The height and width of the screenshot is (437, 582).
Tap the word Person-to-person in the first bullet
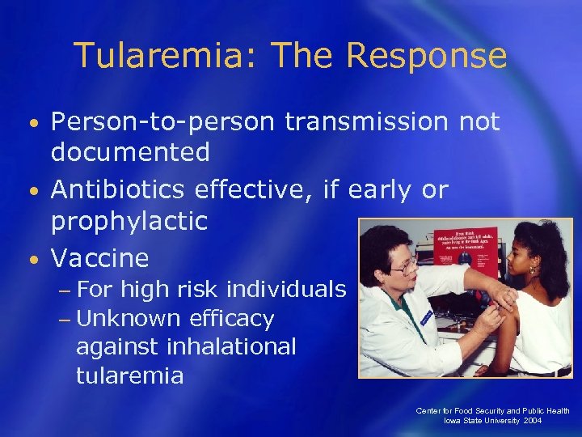pyautogui.click(x=164, y=122)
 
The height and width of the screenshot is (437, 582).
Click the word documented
pyautogui.click(x=130, y=151)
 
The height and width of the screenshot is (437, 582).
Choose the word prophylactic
pyautogui.click(x=129, y=219)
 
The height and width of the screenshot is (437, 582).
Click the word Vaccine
pyautogui.click(x=100, y=258)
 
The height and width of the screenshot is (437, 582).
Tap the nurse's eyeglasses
pyautogui.click(x=403, y=264)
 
